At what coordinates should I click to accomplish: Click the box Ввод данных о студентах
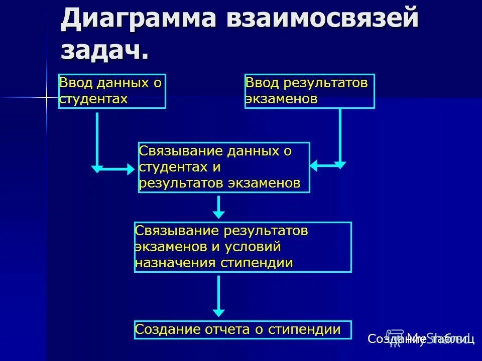[x=112, y=91]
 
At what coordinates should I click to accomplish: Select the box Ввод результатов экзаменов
[x=309, y=91]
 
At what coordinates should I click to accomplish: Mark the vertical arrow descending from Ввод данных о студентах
[x=97, y=140]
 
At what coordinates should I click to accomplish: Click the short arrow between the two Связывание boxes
[x=218, y=207]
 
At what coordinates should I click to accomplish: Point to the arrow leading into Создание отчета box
[x=218, y=296]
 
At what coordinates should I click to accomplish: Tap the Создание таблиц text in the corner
[x=421, y=339]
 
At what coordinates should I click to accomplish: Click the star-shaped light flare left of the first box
[x=46, y=96]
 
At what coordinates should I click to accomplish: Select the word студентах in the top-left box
[x=93, y=98]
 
